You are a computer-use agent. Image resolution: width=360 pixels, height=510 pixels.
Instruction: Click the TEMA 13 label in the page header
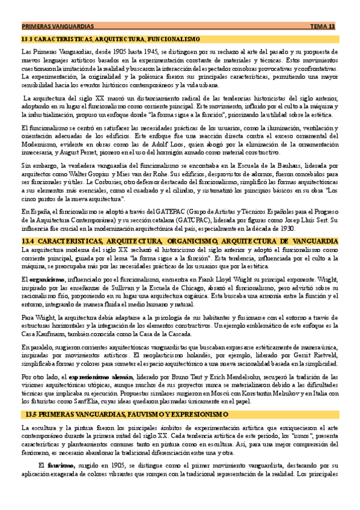coord(322,27)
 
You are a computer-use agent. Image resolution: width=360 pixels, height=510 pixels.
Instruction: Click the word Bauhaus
coord(264,165)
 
